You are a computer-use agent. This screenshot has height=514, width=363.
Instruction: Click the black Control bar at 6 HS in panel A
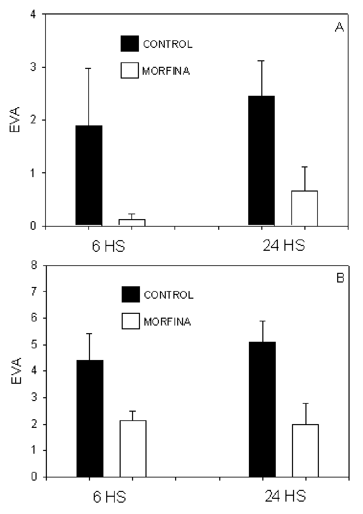pos(89,175)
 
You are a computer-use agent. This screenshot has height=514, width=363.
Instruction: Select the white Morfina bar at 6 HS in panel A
pos(132,222)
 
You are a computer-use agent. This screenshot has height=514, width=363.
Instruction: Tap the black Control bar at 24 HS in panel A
pos(262,160)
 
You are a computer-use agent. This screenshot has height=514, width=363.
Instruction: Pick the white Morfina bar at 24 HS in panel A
pos(305,208)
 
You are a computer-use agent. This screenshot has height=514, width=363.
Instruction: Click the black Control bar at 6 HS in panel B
pos(90,418)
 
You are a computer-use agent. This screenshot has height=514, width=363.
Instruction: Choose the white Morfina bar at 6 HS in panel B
pos(133,449)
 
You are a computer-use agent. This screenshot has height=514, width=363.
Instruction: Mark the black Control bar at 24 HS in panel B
pos(263,409)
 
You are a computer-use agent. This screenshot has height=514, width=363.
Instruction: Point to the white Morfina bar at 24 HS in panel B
pos(305,451)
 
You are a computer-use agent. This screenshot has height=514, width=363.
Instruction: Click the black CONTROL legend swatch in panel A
pos(130,44)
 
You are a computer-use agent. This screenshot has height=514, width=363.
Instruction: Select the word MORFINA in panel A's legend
pos(166,71)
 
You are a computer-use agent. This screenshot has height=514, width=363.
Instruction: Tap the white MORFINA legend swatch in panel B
pos(131,321)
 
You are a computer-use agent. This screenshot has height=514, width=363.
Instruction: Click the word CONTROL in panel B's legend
pos(169,295)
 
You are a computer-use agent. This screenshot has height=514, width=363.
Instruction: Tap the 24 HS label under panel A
pos(284,246)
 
